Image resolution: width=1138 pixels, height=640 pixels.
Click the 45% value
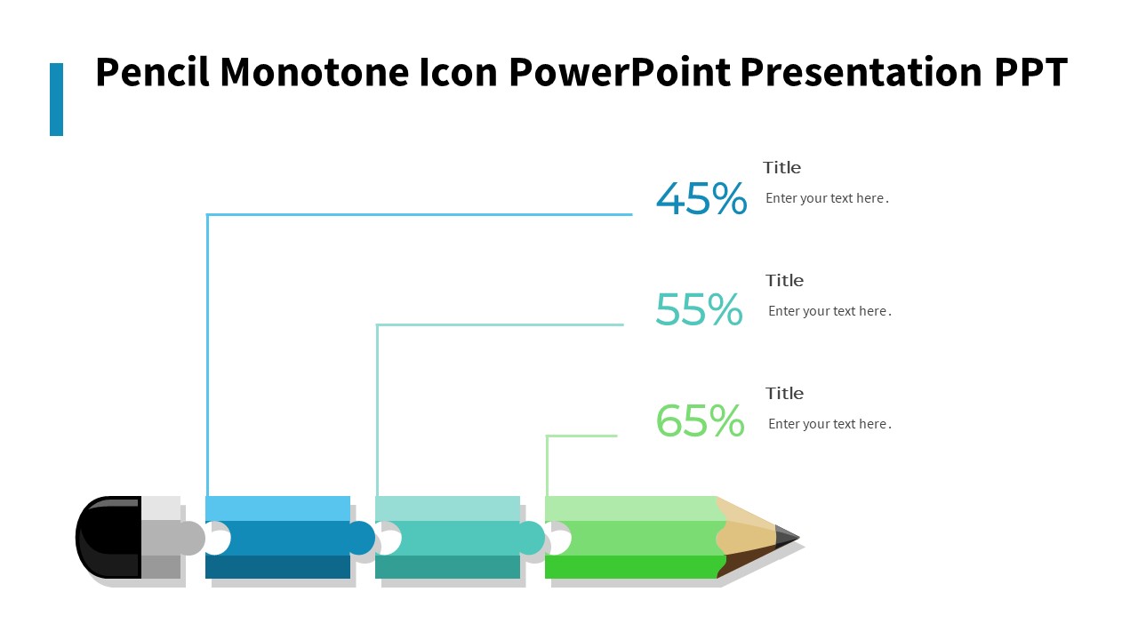[701, 199]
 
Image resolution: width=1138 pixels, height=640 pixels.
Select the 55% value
[699, 310]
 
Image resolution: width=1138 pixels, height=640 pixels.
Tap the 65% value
[700, 421]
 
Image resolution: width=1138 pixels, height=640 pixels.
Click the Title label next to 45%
[781, 167]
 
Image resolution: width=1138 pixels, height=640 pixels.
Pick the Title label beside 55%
[784, 280]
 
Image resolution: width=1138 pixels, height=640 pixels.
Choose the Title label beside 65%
[784, 393]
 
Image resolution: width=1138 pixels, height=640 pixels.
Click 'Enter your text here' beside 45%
[827, 198]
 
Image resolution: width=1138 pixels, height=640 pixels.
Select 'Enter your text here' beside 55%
[829, 311]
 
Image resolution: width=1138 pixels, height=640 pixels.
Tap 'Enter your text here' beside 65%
[829, 424]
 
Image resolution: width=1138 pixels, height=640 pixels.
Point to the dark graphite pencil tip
[786, 537]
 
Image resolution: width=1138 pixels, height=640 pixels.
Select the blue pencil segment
[277, 538]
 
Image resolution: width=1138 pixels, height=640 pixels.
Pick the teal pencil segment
[447, 538]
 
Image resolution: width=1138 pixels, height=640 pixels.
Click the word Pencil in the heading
[152, 73]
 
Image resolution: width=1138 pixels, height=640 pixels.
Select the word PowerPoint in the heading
[619, 73]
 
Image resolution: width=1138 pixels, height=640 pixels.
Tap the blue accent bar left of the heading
[56, 100]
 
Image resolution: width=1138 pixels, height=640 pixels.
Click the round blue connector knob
[360, 538]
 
